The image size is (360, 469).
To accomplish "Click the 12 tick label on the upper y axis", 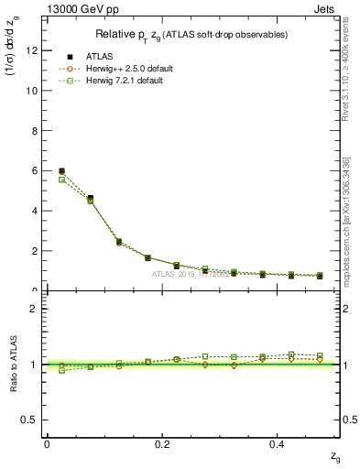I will (33, 50).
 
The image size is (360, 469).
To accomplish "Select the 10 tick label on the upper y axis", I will (33, 91).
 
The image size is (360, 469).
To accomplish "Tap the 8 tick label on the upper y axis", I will (36, 131).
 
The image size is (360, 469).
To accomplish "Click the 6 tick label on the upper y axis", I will (36, 170).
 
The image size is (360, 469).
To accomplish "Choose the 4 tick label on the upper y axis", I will (36, 211).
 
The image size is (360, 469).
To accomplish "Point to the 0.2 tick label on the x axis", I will (163, 443).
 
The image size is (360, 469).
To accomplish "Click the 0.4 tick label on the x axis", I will (280, 443).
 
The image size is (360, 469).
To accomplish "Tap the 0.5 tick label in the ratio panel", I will (31, 420).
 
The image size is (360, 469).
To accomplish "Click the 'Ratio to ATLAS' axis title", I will (15, 364).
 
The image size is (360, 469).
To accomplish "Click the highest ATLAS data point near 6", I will (61, 171).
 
